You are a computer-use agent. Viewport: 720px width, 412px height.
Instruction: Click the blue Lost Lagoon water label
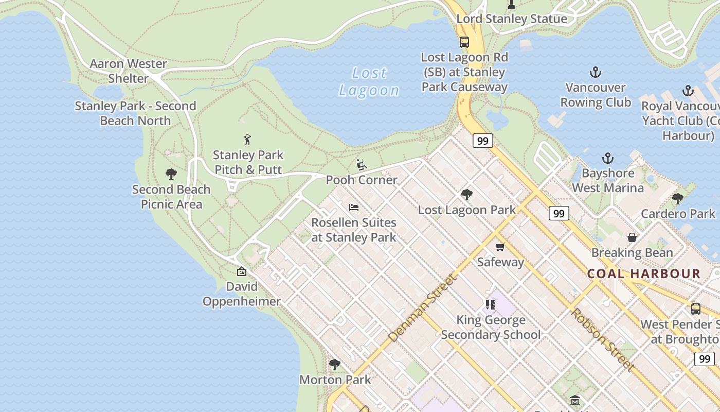point(369,82)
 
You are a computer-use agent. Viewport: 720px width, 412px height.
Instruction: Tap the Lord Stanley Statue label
point(512,19)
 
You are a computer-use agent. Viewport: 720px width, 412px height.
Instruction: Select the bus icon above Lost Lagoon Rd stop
point(464,42)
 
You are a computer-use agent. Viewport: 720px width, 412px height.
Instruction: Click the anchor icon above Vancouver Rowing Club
point(596,72)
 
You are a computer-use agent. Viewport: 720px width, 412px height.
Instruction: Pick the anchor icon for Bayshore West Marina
point(608,158)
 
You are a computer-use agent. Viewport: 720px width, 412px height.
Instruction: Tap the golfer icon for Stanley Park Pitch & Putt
point(248,140)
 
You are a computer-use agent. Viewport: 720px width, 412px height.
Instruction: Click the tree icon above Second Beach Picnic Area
point(171,174)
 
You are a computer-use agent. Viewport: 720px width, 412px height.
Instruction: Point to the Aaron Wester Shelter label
point(128,71)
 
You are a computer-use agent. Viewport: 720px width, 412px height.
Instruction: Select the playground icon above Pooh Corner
point(362,165)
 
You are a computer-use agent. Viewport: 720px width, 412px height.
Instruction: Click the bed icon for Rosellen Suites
point(354,208)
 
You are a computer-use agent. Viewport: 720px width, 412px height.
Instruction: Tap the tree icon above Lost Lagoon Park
point(467,195)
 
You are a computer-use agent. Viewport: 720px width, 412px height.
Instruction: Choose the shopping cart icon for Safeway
point(500,247)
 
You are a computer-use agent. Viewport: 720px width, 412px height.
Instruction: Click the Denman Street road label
point(422,309)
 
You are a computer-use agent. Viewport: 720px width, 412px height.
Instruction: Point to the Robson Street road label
point(601,340)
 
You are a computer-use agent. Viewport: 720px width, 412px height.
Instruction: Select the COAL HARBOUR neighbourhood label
point(644,273)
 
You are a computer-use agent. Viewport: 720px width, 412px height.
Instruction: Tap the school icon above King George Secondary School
point(491,305)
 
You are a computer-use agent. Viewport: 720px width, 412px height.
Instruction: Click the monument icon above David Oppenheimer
point(242,271)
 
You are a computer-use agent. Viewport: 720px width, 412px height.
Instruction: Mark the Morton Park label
point(335,380)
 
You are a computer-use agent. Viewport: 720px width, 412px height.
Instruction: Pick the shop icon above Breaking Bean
point(632,237)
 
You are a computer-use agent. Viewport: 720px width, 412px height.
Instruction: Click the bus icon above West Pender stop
point(696,309)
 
